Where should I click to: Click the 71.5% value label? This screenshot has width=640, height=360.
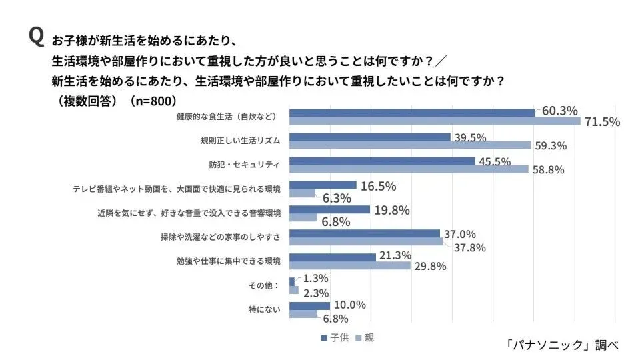[x=602, y=121]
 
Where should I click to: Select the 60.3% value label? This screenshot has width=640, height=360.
[x=559, y=111]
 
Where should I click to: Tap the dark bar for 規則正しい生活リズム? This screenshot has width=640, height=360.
[x=370, y=137]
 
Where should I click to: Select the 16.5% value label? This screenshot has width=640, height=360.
[x=379, y=186]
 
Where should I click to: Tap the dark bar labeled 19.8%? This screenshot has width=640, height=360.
[x=329, y=209]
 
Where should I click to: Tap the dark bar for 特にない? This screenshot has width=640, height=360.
[x=309, y=305]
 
